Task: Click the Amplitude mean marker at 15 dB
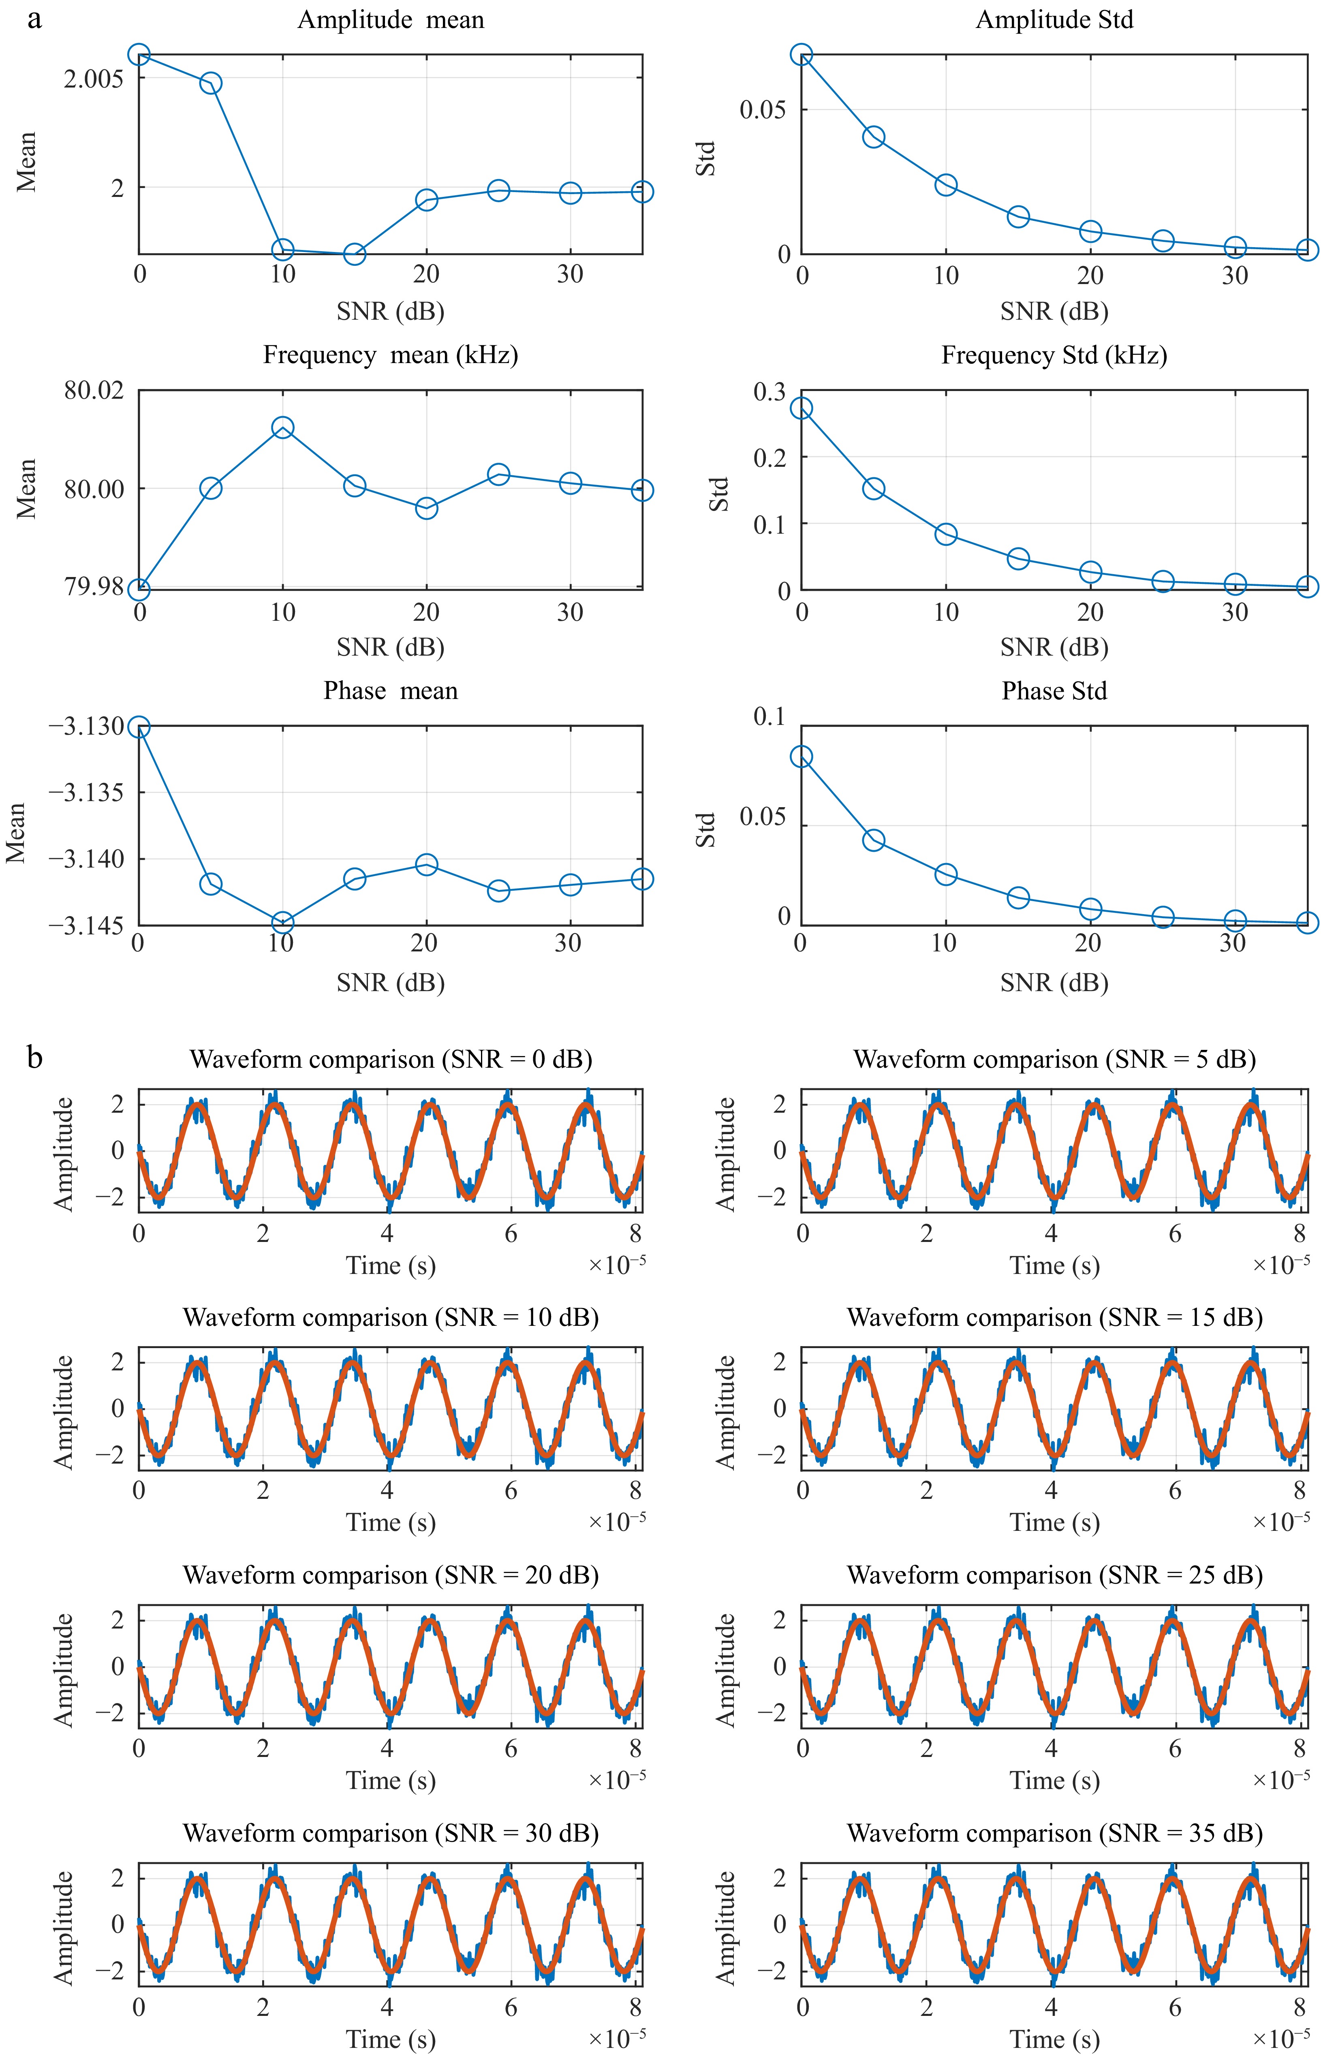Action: coord(354,254)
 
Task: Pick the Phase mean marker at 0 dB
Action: coord(139,727)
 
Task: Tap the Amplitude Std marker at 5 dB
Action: coord(873,137)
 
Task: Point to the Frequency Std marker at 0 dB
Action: coord(801,408)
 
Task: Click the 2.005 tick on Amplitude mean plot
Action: coord(94,79)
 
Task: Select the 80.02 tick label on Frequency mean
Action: coord(94,391)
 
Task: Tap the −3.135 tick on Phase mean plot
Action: coord(86,792)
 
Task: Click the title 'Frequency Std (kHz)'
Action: coord(1054,355)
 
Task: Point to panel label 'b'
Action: coord(34,1058)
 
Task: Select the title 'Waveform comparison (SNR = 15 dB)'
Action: coord(1054,1317)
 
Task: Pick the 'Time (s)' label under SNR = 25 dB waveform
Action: coord(1054,1781)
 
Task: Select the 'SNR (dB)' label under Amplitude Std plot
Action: coord(1054,311)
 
